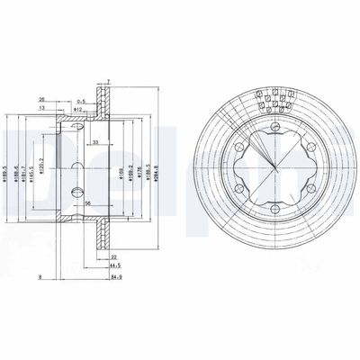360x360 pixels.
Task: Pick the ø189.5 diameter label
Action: pyautogui.click(x=8, y=168)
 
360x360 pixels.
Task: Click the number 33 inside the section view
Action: pyautogui.click(x=96, y=143)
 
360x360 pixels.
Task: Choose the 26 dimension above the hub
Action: pyautogui.click(x=42, y=99)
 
